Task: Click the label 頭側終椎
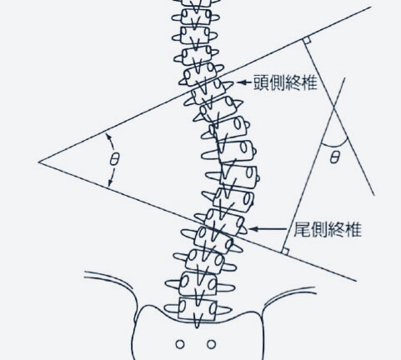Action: coord(285,82)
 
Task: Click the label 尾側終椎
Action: coord(328,229)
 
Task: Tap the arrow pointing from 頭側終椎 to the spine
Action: coord(244,82)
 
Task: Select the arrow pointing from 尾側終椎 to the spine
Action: coord(268,229)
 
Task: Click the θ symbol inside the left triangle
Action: coord(114,159)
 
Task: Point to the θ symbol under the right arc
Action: coord(335,157)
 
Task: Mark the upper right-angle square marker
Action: coord(307,41)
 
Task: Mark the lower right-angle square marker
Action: coord(285,252)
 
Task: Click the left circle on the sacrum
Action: coord(180,344)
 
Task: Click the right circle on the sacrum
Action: coord(211,344)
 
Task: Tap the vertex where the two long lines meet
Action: coord(39,162)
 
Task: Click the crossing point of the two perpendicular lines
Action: coord(333,107)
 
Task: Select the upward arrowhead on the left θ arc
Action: coord(108,136)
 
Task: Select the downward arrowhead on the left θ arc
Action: coord(110,183)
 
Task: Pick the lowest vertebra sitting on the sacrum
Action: coord(198,309)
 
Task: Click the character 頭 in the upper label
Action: coord(261,82)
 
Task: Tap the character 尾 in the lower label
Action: coord(302,229)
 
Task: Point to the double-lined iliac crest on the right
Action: coord(289,295)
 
